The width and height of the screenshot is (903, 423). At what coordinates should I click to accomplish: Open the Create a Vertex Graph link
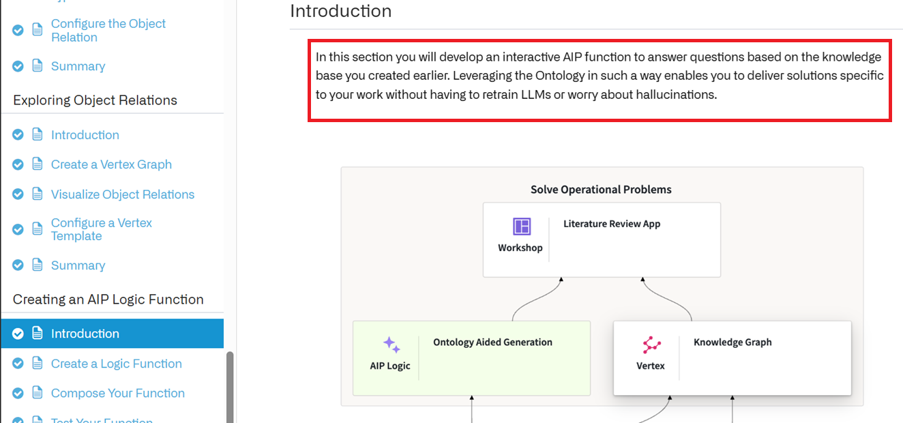pyautogui.click(x=111, y=164)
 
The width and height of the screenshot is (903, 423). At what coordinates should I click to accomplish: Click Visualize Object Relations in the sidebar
pyautogui.click(x=123, y=194)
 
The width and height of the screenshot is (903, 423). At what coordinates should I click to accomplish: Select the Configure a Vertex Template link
pyautogui.click(x=101, y=229)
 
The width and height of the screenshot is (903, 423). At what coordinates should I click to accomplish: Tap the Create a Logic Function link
pyautogui.click(x=116, y=364)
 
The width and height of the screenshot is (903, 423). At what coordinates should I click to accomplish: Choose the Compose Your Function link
pyautogui.click(x=118, y=393)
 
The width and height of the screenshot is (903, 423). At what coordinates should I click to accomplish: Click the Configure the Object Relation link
pyautogui.click(x=108, y=30)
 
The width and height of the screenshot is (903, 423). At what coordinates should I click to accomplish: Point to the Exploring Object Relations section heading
pyautogui.click(x=95, y=100)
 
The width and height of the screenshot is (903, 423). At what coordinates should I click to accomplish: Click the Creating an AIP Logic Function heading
pyautogui.click(x=108, y=300)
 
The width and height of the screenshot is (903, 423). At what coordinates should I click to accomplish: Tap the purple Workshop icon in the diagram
pyautogui.click(x=522, y=227)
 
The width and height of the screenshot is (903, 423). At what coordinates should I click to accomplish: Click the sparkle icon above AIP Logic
pyautogui.click(x=391, y=345)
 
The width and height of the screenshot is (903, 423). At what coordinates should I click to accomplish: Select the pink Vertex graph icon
pyautogui.click(x=651, y=345)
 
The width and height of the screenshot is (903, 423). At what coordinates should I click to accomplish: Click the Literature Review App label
pyautogui.click(x=612, y=224)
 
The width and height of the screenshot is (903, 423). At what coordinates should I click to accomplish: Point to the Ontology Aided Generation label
pyautogui.click(x=492, y=342)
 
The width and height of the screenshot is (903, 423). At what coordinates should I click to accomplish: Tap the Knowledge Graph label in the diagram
pyautogui.click(x=732, y=342)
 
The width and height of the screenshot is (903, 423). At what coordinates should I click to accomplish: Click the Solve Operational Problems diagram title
pyautogui.click(x=601, y=190)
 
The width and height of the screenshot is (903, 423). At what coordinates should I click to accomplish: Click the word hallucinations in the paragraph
pyautogui.click(x=676, y=94)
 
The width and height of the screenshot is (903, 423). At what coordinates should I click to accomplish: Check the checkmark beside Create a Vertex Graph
pyautogui.click(x=18, y=164)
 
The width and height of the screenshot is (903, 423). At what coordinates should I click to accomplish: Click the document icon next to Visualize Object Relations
pyautogui.click(x=37, y=194)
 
